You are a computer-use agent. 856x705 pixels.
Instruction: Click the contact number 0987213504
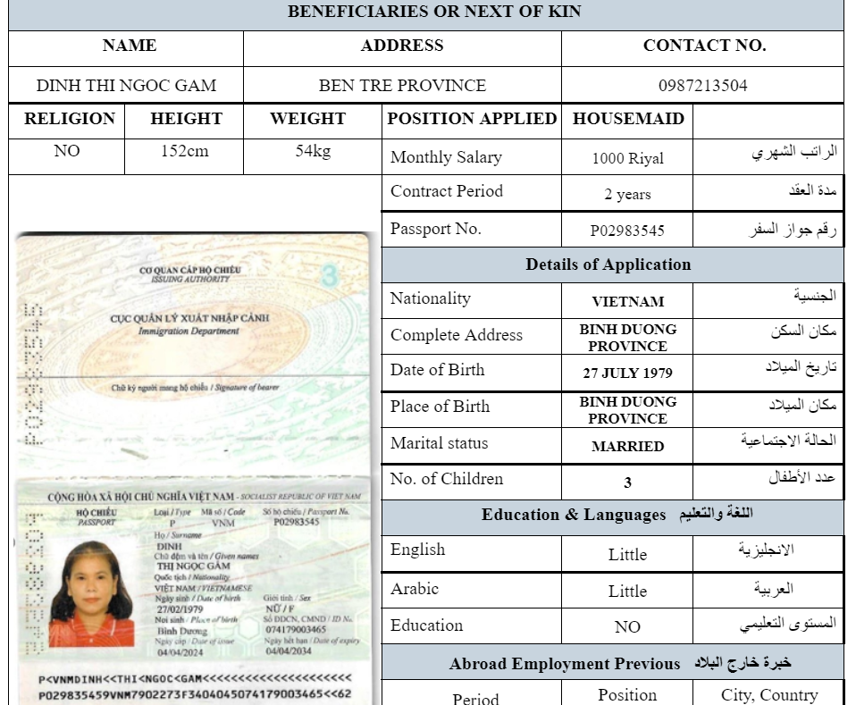pos(702,86)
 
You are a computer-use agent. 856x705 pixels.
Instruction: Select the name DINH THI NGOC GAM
pos(126,86)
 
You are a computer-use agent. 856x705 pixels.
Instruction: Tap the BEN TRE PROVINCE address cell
pos(402,86)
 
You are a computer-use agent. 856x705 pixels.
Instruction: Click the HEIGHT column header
pos(186,119)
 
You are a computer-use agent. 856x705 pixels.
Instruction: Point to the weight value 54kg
pos(313,151)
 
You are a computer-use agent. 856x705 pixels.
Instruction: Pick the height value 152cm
pos(185,151)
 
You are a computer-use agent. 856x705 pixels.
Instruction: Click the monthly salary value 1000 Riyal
pos(627,158)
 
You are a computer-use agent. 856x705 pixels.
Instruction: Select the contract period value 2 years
pos(627,194)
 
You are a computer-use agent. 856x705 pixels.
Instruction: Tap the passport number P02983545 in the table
pos(627,230)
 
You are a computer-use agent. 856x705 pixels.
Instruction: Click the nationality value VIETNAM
pos(627,301)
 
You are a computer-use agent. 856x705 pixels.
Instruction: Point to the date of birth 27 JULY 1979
pos(627,373)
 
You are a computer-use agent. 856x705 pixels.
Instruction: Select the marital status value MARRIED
pos(627,446)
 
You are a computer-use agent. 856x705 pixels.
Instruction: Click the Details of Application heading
pos(608,264)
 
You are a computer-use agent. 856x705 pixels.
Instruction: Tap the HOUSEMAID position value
pos(628,119)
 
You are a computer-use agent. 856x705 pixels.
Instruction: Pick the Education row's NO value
pos(627,626)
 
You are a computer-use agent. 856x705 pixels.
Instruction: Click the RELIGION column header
pos(69,119)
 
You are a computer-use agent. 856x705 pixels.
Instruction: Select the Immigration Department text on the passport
pos(189,332)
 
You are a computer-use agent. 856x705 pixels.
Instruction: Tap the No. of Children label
pos(447,479)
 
